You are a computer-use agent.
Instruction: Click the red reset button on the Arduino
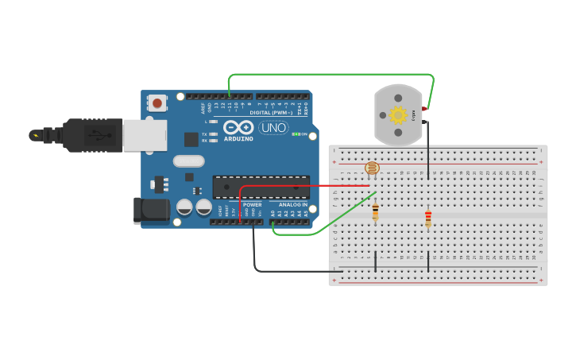[157, 102]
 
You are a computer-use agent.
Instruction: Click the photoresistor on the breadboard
[372, 168]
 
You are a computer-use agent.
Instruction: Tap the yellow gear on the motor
[398, 115]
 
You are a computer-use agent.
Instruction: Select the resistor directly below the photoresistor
[375, 211]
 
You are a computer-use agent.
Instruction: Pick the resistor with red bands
[428, 217]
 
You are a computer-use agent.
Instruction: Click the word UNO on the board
[273, 127]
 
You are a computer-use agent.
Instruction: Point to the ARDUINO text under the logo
[238, 139]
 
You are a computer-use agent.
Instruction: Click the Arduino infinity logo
[238, 127]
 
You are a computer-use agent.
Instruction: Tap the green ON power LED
[296, 134]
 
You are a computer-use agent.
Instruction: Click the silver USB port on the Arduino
[145, 134]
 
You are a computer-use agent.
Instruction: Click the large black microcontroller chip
[261, 187]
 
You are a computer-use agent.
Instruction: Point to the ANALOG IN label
[292, 204]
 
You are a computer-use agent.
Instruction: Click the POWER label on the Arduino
[252, 204]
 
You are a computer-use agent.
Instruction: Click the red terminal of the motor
[425, 108]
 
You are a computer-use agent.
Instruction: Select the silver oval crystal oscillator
[189, 161]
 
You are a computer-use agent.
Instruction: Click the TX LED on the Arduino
[214, 134]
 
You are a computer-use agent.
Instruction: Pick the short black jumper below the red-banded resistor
[428, 261]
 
